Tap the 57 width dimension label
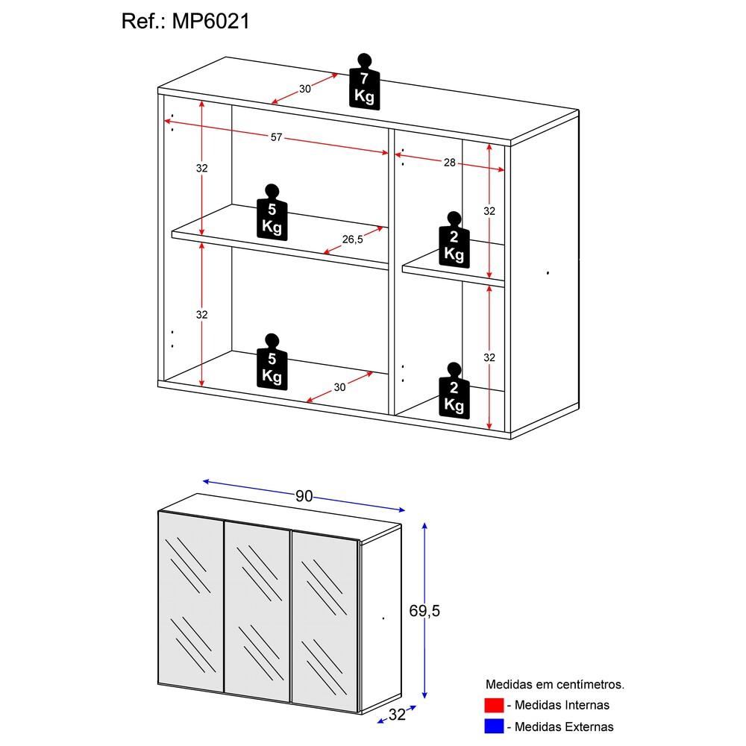(276, 137)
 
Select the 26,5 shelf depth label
(352, 239)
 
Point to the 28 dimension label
(449, 163)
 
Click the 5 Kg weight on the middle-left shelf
(272, 216)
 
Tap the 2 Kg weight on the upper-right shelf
(454, 243)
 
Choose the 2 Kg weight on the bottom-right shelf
(454, 393)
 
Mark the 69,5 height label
(425, 611)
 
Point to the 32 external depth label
(396, 715)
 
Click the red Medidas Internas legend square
(494, 705)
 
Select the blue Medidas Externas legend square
(494, 726)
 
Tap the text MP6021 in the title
(212, 22)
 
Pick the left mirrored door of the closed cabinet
(191, 608)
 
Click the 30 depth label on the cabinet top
(304, 89)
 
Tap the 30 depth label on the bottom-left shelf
(339, 386)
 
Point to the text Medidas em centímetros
(554, 683)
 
